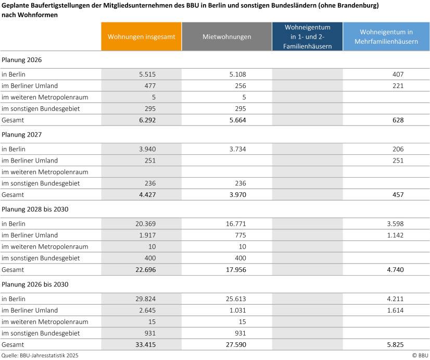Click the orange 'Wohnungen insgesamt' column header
coord(141,36)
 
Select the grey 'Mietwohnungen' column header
coord(227,36)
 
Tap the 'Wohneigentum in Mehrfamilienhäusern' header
coord(386,36)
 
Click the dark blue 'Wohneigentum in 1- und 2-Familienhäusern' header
coord(308,36)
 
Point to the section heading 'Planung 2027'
coord(22,135)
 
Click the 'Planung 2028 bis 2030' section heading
coord(35,209)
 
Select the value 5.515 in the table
coord(147,75)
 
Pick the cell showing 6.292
coord(147,120)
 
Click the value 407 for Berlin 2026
coord(398,75)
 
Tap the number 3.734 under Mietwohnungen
coord(238,150)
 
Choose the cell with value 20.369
coord(146,224)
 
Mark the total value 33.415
coord(146,345)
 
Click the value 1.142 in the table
coord(396,235)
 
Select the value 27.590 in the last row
coord(236,345)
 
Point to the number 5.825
coord(396,345)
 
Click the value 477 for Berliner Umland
coord(150,86)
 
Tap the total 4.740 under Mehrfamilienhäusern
coord(396,270)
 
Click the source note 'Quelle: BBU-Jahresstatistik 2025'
coord(40,355)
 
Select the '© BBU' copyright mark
coord(420,355)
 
